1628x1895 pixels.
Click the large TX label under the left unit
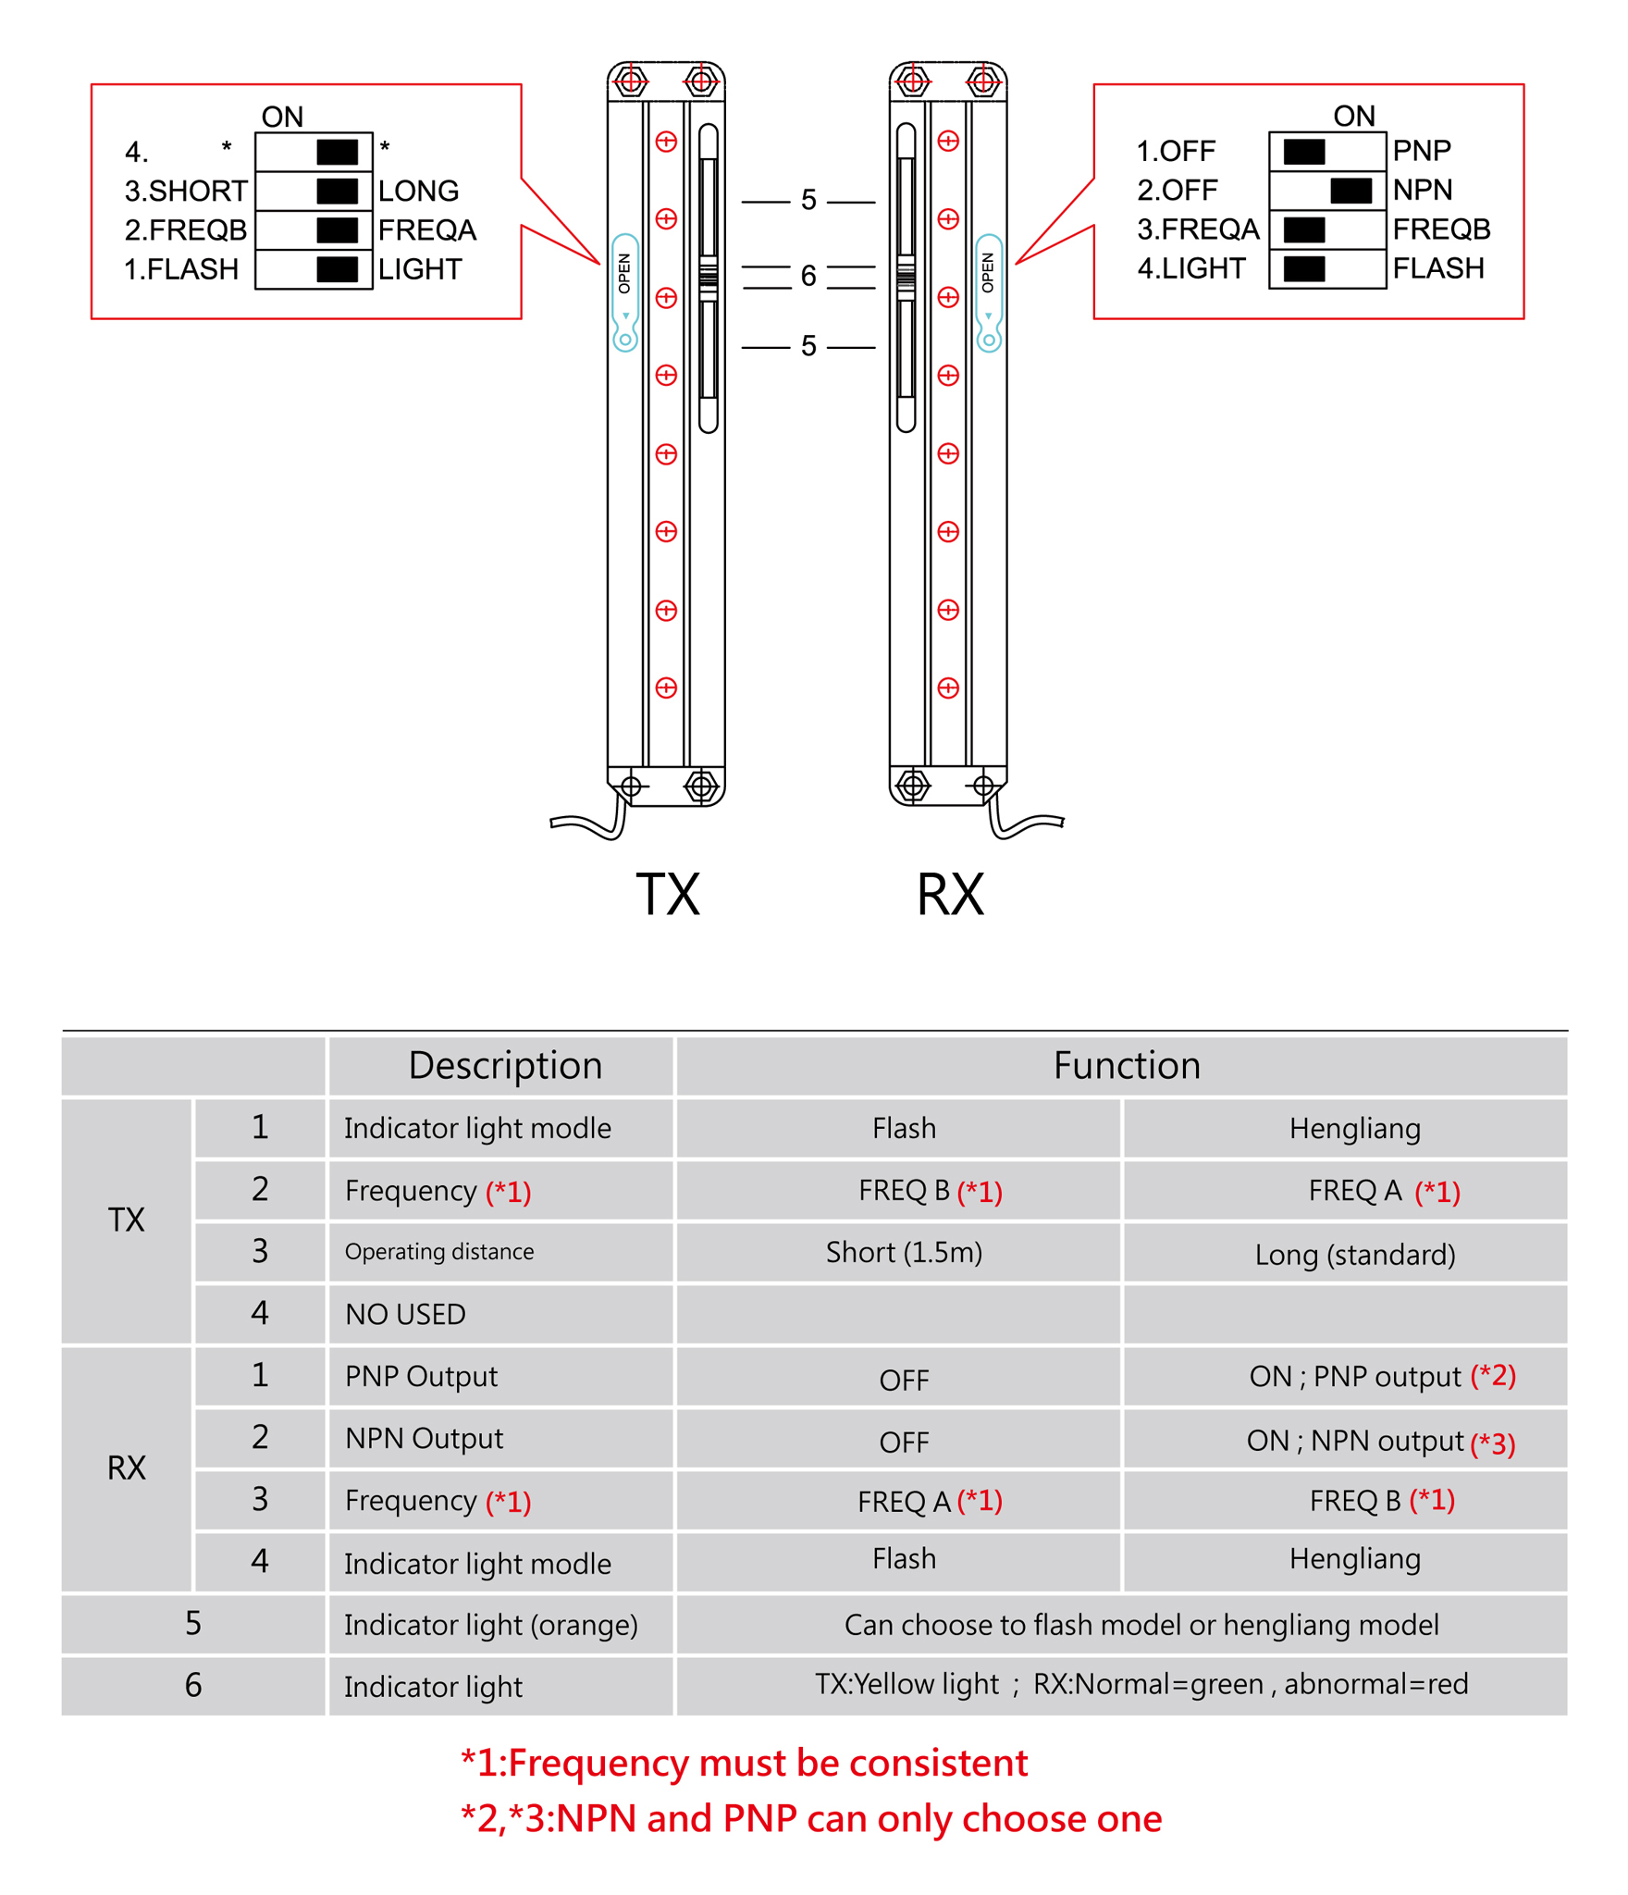[x=667, y=894]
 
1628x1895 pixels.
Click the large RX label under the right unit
[x=949, y=894]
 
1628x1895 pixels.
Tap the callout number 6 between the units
[x=808, y=276]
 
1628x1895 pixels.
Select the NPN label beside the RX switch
[x=1422, y=190]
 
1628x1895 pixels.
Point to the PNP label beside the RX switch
[x=1421, y=150]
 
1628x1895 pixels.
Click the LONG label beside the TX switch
[x=418, y=191]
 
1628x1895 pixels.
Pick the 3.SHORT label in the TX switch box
[x=186, y=191]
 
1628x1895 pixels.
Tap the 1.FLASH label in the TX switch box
[x=181, y=269]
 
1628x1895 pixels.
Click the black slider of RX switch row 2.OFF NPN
[x=1350, y=191]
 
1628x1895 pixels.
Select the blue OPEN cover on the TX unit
[x=625, y=291]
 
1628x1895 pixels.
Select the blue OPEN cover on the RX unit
[x=988, y=291]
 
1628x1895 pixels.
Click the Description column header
[x=505, y=1065]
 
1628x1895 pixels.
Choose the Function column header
[x=1126, y=1065]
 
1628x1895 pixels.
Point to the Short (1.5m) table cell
[x=903, y=1252]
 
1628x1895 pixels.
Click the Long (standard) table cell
[x=1354, y=1255]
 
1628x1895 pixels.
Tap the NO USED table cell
[x=405, y=1314]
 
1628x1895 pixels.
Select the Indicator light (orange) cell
[x=490, y=1625]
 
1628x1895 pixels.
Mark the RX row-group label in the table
[x=127, y=1468]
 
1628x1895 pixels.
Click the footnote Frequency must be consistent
[x=745, y=1763]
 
